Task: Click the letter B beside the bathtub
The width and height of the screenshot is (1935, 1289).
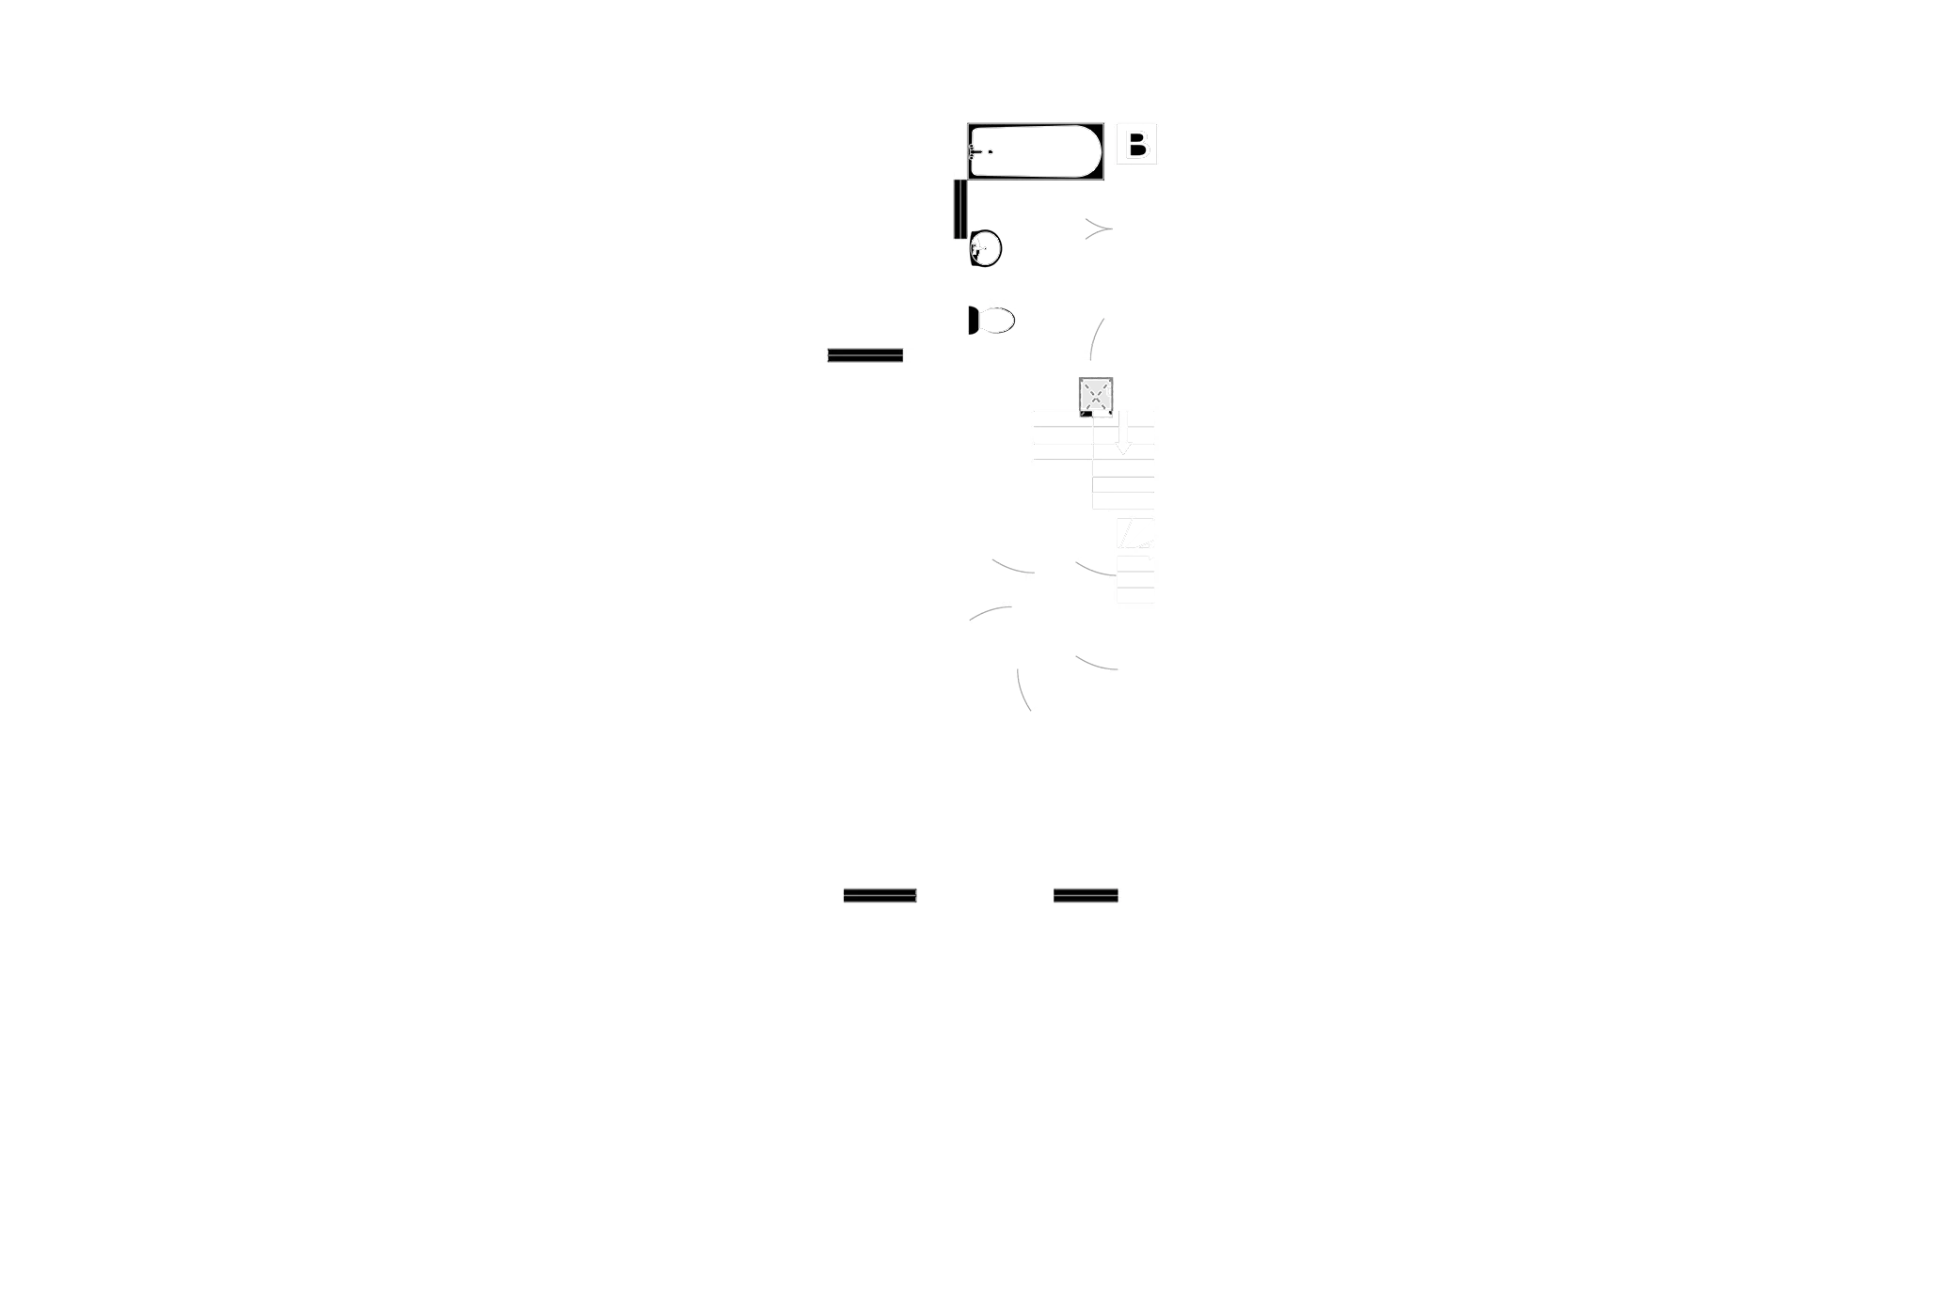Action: pos(1136,145)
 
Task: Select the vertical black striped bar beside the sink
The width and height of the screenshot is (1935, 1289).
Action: pos(959,209)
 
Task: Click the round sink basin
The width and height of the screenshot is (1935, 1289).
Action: pos(985,248)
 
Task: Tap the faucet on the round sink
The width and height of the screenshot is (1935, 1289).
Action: pos(975,248)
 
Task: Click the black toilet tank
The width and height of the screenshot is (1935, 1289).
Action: pos(972,321)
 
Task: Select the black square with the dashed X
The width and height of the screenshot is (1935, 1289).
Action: pos(1095,395)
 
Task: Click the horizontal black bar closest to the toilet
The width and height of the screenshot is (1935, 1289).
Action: pos(864,357)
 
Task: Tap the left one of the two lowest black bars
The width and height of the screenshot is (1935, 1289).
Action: pos(880,898)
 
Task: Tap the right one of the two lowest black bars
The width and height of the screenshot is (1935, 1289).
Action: pos(1086,898)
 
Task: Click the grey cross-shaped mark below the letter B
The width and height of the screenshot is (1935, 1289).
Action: pos(1096,228)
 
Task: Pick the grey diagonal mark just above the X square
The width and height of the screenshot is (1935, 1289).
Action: pos(1097,338)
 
